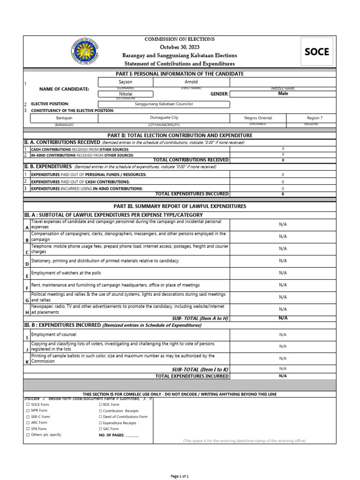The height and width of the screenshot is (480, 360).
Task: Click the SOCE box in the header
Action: tap(317, 52)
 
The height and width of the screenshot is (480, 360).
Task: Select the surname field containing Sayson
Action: tap(126, 82)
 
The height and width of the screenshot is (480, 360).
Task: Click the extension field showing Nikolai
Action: tap(126, 94)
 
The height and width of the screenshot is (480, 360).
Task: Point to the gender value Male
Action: tap(283, 94)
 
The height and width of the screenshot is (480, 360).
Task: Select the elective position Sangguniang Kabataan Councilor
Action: tap(164, 104)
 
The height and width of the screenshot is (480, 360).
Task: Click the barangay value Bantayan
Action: tap(64, 118)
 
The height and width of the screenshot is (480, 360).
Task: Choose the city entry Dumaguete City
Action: tap(164, 118)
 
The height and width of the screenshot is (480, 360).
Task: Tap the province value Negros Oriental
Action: tap(258, 118)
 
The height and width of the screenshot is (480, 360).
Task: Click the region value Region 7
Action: tap(314, 118)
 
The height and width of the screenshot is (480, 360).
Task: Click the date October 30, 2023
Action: tap(180, 47)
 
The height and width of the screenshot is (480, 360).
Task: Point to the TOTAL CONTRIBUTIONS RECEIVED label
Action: tap(191, 160)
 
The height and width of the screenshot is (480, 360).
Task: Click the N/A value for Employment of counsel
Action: tap(283, 335)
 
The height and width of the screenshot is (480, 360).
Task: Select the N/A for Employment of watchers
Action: tap(283, 273)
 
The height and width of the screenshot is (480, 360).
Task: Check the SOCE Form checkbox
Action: tap(28, 404)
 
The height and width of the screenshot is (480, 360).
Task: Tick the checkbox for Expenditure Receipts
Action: tap(100, 423)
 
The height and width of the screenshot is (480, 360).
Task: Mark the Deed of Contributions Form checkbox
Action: tap(100, 417)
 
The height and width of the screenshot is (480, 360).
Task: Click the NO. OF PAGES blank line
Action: tap(132, 435)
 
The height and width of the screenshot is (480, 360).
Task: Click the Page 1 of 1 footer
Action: tap(180, 476)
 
